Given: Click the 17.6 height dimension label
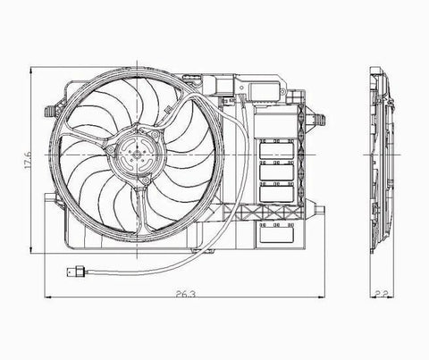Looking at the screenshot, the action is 28,160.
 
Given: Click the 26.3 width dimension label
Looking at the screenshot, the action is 185,295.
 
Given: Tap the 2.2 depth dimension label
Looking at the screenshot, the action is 381,295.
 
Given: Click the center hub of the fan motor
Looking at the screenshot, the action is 137,155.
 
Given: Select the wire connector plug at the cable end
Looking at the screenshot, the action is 76,272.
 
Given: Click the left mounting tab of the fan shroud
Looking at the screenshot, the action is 49,112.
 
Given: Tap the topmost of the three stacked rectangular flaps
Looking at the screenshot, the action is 277,151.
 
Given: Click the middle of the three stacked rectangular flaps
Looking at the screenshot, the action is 277,172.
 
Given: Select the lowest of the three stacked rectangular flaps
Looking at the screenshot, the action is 277,194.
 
